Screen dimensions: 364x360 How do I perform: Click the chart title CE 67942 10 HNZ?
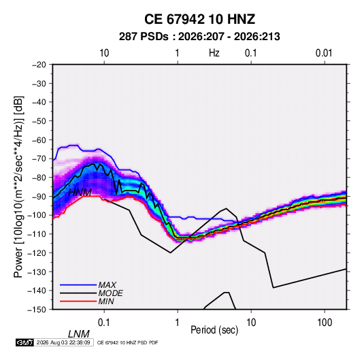click(x=199, y=19)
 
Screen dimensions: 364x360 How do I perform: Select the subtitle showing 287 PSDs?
click(x=199, y=37)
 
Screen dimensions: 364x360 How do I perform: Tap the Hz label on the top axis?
click(x=214, y=53)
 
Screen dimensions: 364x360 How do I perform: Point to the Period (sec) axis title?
click(x=214, y=330)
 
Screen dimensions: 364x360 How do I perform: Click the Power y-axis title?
click(x=18, y=186)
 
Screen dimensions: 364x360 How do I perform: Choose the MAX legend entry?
click(x=107, y=285)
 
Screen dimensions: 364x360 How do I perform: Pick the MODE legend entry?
click(x=110, y=293)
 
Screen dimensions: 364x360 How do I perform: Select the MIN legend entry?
click(x=106, y=301)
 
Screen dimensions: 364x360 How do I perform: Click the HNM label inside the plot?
click(x=80, y=193)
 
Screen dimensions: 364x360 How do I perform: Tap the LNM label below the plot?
click(x=79, y=334)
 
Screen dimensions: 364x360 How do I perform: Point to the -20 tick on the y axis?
click(x=39, y=65)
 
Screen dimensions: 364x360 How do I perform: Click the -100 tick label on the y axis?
click(x=37, y=215)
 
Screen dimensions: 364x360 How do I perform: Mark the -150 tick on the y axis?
click(x=37, y=310)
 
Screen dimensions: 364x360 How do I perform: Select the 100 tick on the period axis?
click(x=325, y=323)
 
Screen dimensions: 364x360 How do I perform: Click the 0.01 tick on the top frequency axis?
click(x=324, y=53)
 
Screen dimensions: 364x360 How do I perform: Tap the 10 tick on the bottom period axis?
click(x=251, y=323)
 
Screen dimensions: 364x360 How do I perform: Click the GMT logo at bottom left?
click(x=25, y=342)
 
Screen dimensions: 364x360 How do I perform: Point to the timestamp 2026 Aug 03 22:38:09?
click(x=63, y=342)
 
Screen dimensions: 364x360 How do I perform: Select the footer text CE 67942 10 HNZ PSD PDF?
click(x=127, y=342)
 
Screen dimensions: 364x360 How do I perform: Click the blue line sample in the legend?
click(x=78, y=285)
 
